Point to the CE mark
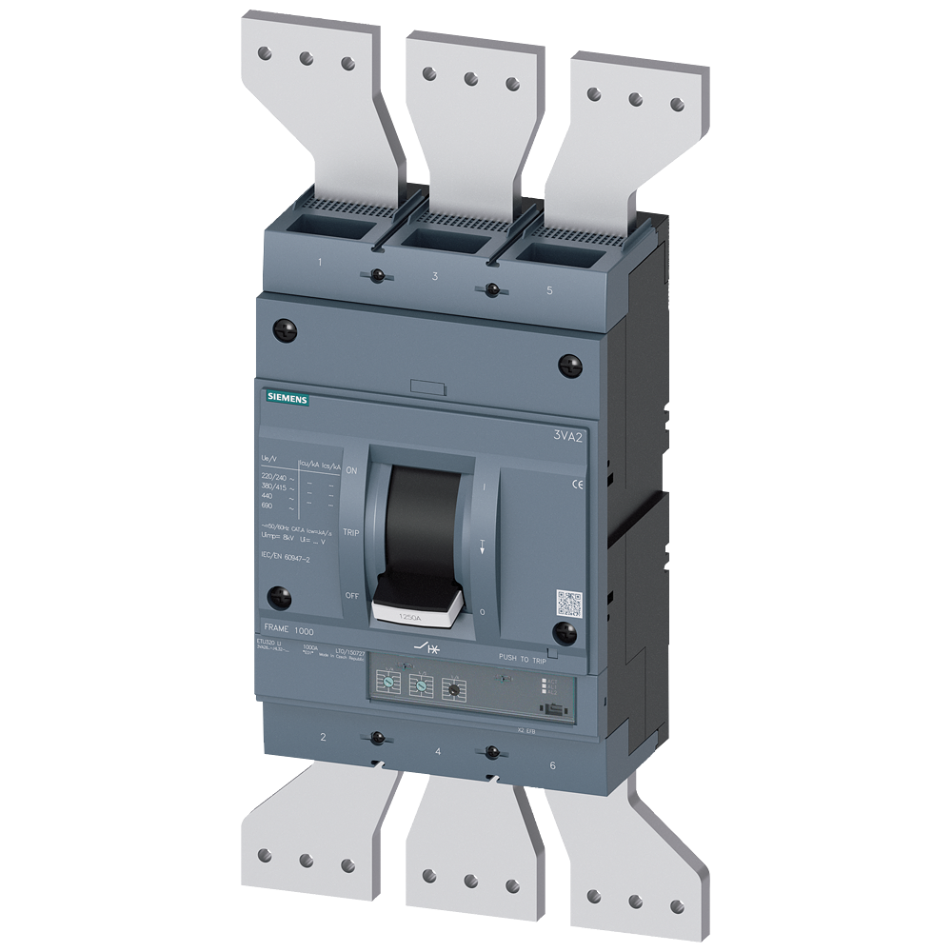tap(578, 484)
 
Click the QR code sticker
tap(568, 604)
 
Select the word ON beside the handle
tap(351, 471)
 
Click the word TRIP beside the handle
tap(350, 534)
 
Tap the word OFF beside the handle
tap(351, 596)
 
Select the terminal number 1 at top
tap(320, 262)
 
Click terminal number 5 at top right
tap(549, 290)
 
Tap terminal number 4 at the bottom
tap(437, 752)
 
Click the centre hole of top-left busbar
tap(306, 58)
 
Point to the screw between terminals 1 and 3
tap(378, 276)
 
